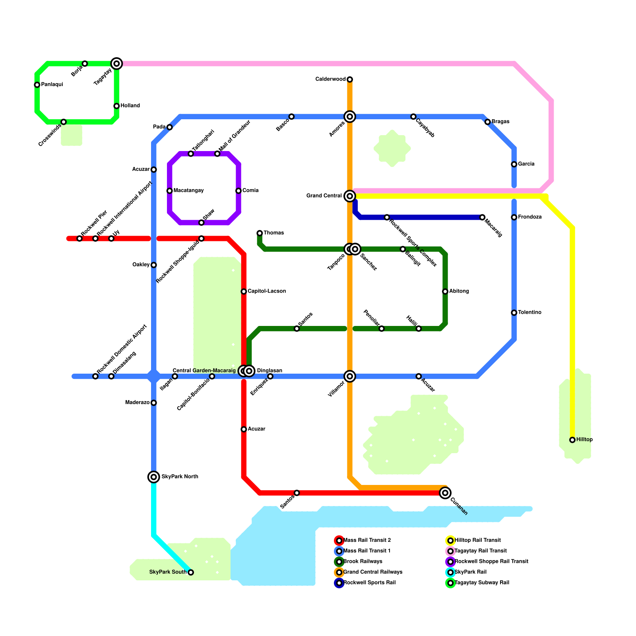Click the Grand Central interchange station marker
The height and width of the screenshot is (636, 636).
[x=350, y=196]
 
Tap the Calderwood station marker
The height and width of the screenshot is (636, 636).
[x=350, y=79]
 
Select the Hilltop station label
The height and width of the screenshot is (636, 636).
[x=584, y=440]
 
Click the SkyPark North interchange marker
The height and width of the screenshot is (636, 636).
[x=154, y=477]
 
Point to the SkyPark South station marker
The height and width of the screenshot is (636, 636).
[x=191, y=572]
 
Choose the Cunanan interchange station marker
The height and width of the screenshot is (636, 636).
[x=445, y=493]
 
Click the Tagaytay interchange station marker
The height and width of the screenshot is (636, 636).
[x=116, y=64]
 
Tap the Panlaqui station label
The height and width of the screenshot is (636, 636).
[x=52, y=85]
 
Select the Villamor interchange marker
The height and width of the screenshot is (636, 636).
[x=350, y=376]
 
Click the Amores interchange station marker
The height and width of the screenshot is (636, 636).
[x=350, y=116]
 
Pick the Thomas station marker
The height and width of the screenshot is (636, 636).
[x=260, y=233]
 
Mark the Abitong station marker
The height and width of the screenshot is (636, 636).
[x=445, y=291]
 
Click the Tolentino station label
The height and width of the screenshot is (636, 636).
[x=529, y=312]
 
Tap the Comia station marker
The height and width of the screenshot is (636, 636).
[x=238, y=191]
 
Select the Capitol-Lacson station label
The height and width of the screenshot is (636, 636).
[x=267, y=291]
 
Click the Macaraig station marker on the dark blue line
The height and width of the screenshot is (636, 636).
[x=482, y=217]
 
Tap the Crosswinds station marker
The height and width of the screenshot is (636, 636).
[x=64, y=122]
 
